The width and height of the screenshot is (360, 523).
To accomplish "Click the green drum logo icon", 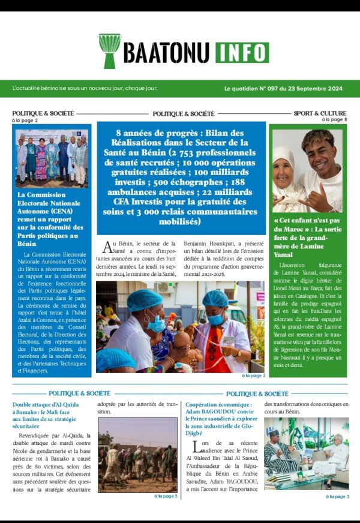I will [x=110, y=50].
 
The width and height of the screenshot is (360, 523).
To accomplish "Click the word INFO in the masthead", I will [x=241, y=52].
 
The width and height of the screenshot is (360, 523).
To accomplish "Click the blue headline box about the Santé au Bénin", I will [x=181, y=177].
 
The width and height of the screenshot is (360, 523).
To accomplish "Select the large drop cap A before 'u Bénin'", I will [x=108, y=247].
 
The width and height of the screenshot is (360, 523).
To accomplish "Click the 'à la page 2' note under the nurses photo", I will [x=253, y=375].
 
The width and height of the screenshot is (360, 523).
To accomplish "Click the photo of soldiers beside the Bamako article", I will [x=137, y=454].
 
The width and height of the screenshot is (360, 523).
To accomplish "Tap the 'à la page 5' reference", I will [x=166, y=496].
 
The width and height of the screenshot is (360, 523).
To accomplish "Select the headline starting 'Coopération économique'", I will [x=221, y=412].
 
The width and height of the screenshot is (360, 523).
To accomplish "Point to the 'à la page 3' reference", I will [x=337, y=496].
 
